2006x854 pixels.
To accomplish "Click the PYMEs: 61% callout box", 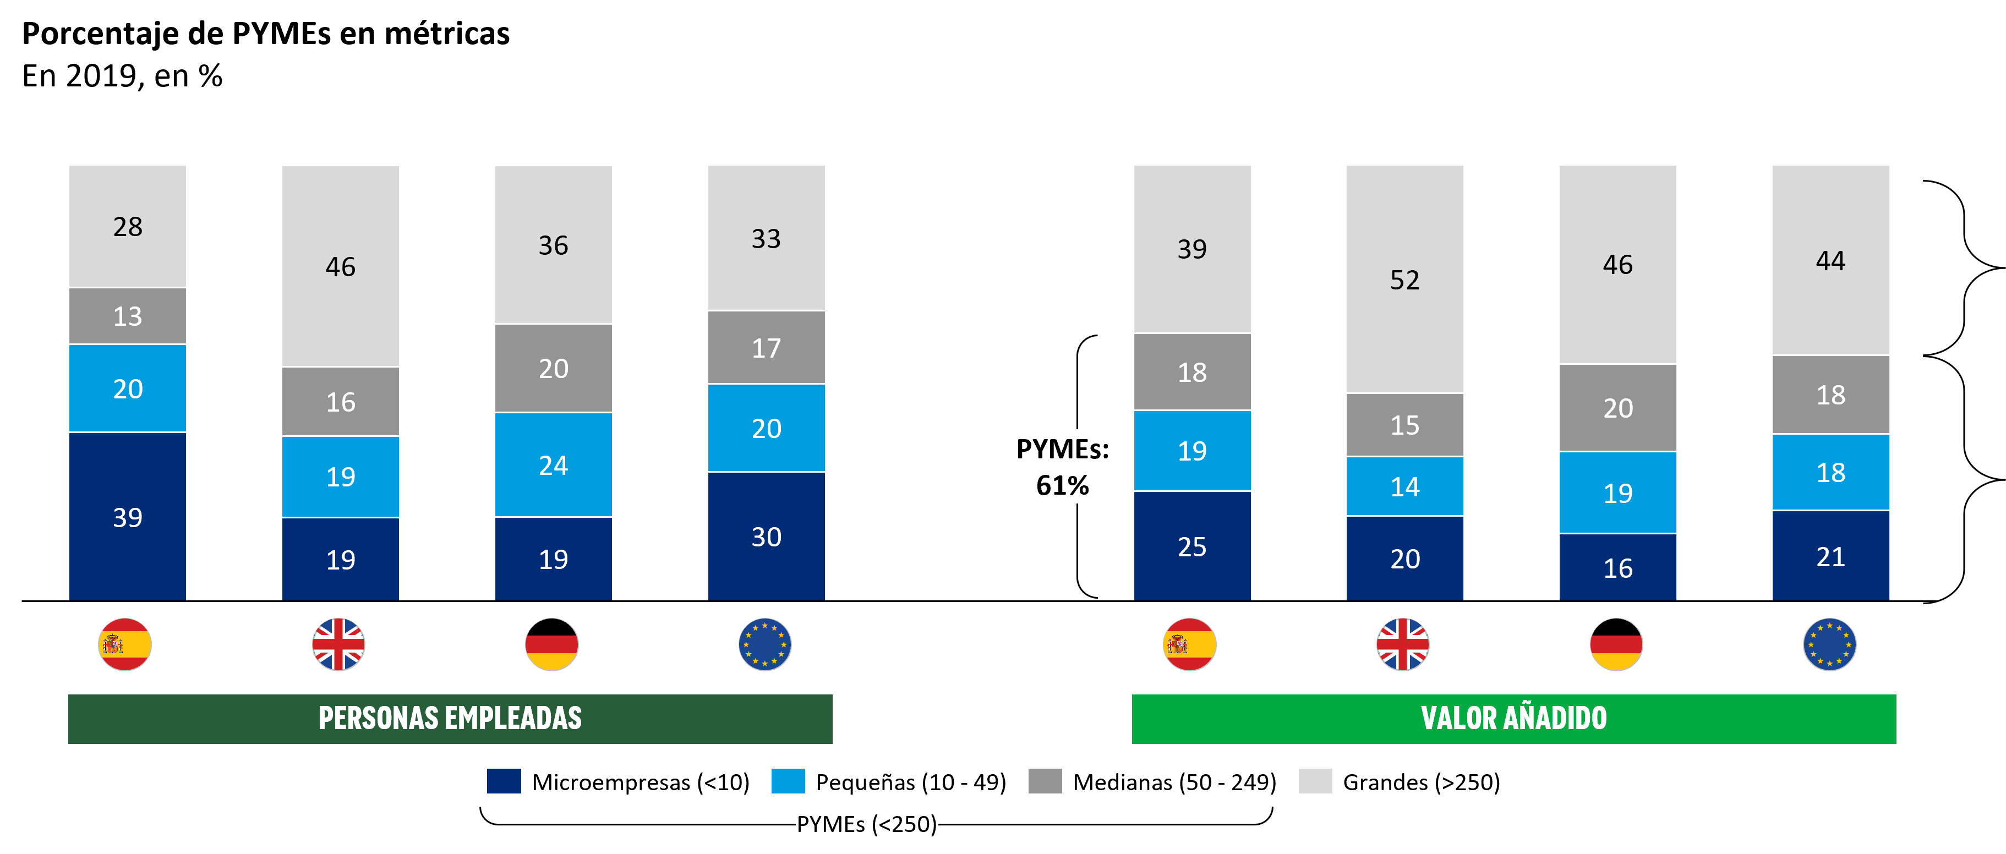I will click(x=1062, y=466).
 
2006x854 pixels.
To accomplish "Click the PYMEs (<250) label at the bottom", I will click(x=866, y=824).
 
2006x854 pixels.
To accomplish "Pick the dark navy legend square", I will click(x=504, y=781).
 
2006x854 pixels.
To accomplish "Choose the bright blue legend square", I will click(x=788, y=781).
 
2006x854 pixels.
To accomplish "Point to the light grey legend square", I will click(x=1315, y=781).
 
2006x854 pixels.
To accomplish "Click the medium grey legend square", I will click(x=1045, y=781).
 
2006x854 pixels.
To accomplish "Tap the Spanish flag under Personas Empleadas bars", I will click(x=124, y=644).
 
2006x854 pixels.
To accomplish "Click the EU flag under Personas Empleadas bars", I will click(x=765, y=644).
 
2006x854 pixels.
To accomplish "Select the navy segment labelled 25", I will click(x=1192, y=546).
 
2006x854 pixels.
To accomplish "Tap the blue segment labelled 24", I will click(x=554, y=465).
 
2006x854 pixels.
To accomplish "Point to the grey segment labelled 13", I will click(x=128, y=316).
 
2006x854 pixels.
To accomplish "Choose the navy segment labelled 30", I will click(x=766, y=537).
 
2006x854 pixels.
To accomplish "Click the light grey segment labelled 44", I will click(x=1831, y=260).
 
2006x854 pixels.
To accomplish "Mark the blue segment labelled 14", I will click(x=1405, y=486).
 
